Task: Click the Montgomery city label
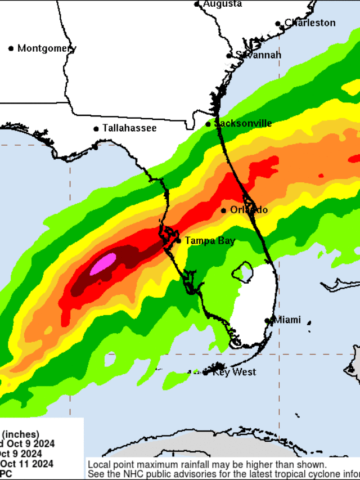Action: click(47, 48)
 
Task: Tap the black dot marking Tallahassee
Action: click(96, 129)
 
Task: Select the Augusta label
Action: click(223, 4)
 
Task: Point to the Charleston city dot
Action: click(278, 24)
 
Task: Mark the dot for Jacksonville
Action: click(208, 124)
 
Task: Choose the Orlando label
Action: click(249, 210)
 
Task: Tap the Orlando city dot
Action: click(223, 210)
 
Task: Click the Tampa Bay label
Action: click(210, 240)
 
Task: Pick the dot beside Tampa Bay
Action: click(179, 241)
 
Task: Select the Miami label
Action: click(287, 320)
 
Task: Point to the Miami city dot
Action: click(268, 321)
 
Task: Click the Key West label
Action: click(234, 372)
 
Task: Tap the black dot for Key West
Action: click(205, 373)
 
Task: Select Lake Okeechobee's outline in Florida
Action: click(242, 272)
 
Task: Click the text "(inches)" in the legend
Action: click(21, 434)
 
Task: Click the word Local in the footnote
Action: click(99, 465)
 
